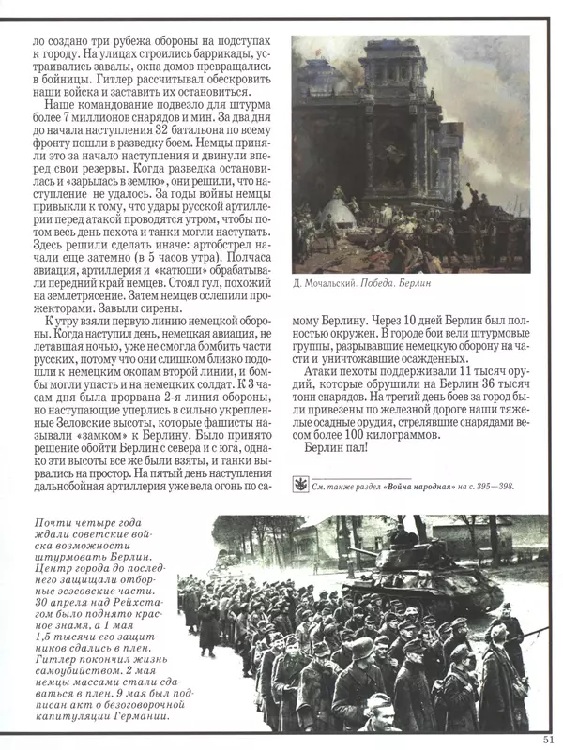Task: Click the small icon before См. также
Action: coord(298,484)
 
